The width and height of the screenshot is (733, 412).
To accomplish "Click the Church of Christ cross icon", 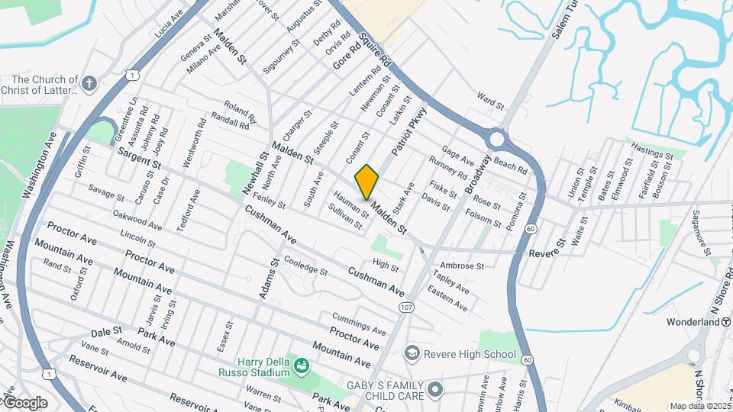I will (90, 82).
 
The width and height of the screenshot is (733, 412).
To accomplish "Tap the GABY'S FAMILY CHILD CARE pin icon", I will (436, 391).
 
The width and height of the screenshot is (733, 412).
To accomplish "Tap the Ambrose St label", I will (462, 266).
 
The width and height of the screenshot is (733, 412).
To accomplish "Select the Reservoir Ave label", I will (98, 369).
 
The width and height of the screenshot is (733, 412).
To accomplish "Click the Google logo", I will (24, 402).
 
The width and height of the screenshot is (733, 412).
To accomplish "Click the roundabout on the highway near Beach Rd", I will (497, 140).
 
